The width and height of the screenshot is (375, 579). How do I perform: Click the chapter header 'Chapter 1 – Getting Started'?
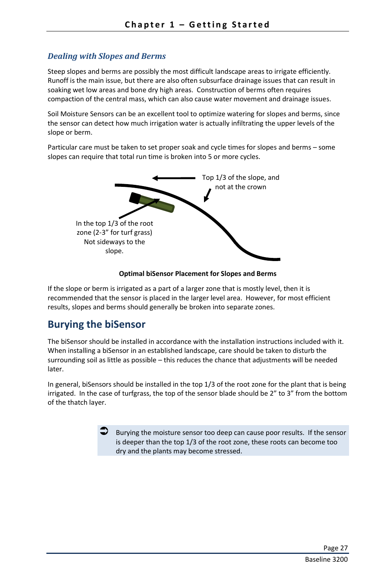tap(197, 25)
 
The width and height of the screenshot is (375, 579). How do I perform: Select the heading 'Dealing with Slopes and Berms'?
tap(107, 56)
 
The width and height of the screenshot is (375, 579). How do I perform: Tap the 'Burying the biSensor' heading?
tap(96, 325)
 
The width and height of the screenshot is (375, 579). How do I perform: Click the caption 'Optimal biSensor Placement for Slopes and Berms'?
tap(197, 274)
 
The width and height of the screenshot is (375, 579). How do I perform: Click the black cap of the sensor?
tap(135, 198)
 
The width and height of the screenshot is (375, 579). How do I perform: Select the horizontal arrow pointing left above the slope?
tap(173, 178)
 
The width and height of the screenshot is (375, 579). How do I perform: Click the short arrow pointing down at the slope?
tap(207, 195)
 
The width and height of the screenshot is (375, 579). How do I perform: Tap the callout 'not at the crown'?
tap(241, 187)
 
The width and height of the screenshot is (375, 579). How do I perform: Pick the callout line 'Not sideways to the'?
tap(114, 242)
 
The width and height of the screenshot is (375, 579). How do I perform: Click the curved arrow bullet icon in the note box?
tap(104, 431)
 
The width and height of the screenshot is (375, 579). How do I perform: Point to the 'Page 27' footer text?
tap(335, 548)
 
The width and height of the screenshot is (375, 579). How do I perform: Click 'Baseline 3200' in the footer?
tap(326, 559)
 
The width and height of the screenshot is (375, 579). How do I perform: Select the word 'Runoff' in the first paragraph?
tap(58, 81)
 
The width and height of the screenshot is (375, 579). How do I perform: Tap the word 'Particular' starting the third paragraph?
tap(62, 148)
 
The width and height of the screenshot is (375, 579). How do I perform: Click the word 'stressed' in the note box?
tap(228, 451)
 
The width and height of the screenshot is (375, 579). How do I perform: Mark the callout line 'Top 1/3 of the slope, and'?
tap(241, 178)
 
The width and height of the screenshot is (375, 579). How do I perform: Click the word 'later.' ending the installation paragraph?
tap(55, 369)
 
